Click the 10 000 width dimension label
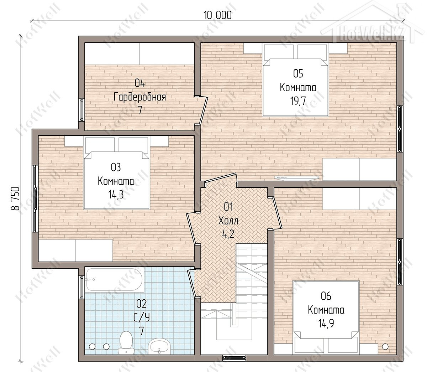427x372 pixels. tap(217, 15)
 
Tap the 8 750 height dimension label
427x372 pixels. tap(15, 198)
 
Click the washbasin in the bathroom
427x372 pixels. tap(159, 346)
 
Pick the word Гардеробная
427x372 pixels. tap(139, 97)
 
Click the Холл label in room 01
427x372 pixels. tap(228, 221)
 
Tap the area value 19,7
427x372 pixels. tap(298, 101)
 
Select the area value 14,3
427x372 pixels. tap(116, 195)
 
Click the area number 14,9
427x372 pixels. tap(326, 323)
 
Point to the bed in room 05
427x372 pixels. tap(295, 79)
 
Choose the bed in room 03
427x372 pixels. tap(117, 172)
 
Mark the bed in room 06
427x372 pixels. tap(326, 317)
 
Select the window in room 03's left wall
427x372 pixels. tap(35, 198)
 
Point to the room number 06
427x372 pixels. tap(326, 296)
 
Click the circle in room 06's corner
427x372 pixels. tap(385, 346)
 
